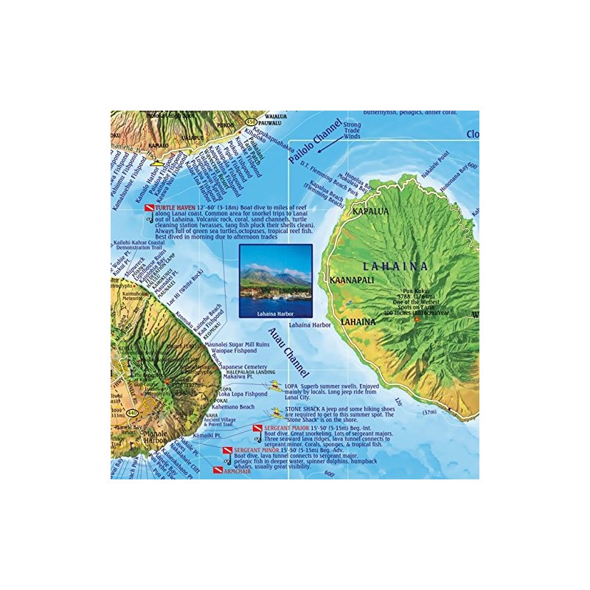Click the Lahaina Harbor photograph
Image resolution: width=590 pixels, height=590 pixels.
(275, 280)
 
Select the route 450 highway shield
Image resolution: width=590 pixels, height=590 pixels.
(252, 122)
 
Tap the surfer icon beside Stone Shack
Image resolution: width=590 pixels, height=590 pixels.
(277, 411)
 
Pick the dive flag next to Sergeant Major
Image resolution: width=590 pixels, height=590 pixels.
(257, 428)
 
